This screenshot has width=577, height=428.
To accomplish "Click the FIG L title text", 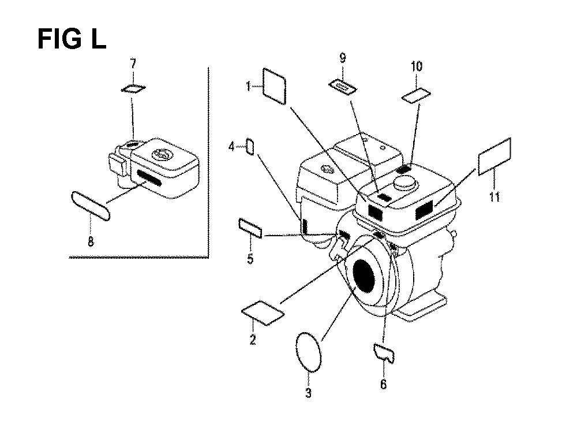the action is tap(72, 39).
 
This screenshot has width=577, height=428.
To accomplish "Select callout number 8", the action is tap(91, 241).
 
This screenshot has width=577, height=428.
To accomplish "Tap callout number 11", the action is tap(494, 197).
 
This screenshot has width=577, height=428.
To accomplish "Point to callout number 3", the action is tap(308, 393).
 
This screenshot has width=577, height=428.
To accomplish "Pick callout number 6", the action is tap(384, 384).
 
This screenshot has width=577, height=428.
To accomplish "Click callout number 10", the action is tap(416, 66).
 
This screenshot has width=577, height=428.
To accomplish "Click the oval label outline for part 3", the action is tap(309, 351).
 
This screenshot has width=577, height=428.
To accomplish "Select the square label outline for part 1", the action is tap(275, 86).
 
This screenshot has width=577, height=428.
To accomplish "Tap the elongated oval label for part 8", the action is tap(91, 206).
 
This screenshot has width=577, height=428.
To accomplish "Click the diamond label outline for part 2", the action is tap(263, 313).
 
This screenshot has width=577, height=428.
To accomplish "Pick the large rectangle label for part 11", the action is tap(494, 157).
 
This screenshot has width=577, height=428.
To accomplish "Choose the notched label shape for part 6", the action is tap(384, 353).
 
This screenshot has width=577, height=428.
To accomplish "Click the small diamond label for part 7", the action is tap(133, 88).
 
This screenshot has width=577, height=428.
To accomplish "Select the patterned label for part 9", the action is tap(343, 87).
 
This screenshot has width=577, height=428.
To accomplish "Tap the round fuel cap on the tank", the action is tap(406, 182).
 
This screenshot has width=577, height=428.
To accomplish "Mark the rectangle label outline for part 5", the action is tap(250, 228).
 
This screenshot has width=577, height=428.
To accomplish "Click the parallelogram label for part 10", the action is tap(416, 96).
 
